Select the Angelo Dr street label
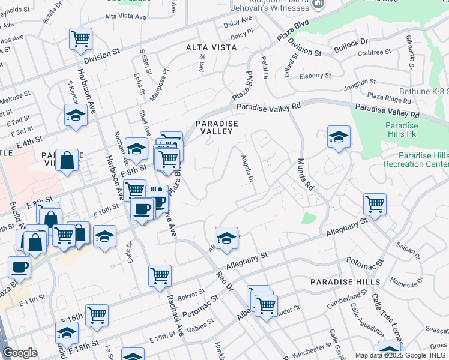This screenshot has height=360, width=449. coord(248,167)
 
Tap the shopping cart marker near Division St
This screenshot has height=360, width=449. coord(80,39)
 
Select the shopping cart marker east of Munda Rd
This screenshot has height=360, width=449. coord(375,203)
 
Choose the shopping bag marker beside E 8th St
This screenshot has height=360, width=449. coord(67,160)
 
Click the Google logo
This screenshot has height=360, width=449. coord(20,353)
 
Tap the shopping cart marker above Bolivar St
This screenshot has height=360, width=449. coord(160,276)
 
